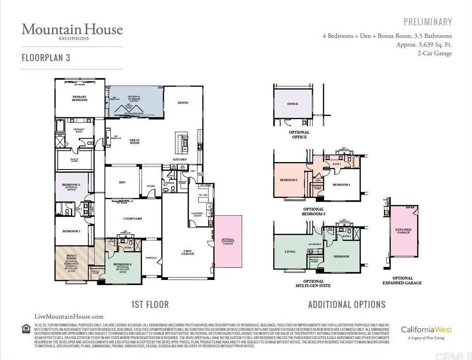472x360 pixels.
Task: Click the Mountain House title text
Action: tap(72, 30)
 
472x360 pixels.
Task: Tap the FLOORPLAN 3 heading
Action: tap(46, 58)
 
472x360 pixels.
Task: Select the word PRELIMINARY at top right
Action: tap(427, 22)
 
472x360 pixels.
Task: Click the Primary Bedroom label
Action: tap(80, 98)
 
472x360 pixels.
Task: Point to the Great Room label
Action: tap(135, 142)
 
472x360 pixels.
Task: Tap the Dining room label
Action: tap(183, 102)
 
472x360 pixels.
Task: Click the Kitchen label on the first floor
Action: tap(180, 159)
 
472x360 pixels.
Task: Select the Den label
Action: tap(122, 183)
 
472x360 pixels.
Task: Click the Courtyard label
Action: tap(132, 218)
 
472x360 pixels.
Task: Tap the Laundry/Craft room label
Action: tap(197, 214)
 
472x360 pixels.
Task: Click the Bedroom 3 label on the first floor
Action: tap(72, 231)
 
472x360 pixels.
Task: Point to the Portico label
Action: tap(151, 258)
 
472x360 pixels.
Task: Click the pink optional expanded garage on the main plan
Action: tap(228, 241)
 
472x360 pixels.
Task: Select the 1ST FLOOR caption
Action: tap(150, 305)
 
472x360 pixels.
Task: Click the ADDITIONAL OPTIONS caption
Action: tap(346, 305)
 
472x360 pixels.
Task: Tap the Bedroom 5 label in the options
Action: tap(288, 180)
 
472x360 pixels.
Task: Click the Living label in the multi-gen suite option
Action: tap(290, 252)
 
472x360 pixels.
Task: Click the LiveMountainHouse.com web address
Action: tap(69, 317)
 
